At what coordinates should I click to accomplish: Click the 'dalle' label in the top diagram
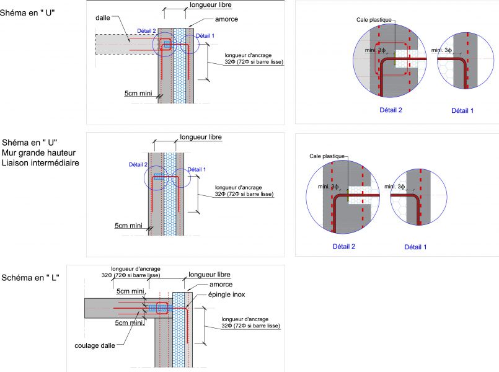pyautogui.click(x=102, y=17)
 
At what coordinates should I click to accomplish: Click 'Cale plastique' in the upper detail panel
pyautogui.click(x=374, y=19)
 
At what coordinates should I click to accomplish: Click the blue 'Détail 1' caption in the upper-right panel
pyautogui.click(x=462, y=110)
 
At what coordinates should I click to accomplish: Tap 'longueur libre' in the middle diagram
pyautogui.click(x=200, y=137)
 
